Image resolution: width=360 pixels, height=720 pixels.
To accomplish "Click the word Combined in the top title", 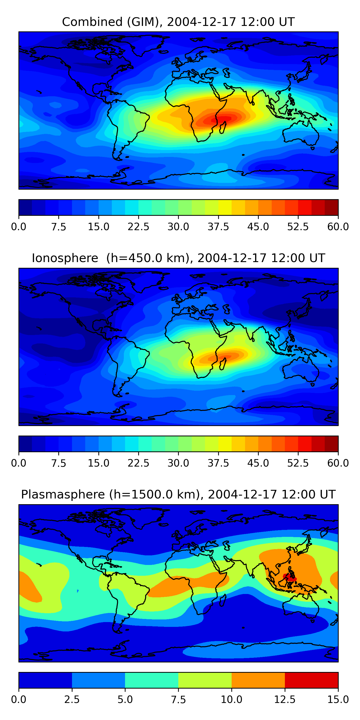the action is tap(92, 22).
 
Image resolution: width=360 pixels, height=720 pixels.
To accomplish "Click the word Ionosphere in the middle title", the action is tap(65, 258).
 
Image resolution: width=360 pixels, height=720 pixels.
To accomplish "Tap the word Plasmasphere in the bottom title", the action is tap(63, 494).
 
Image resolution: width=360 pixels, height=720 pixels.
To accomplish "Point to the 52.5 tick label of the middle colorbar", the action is tap(298, 463).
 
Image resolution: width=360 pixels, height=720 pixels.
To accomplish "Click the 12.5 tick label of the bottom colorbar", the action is tap(285, 700).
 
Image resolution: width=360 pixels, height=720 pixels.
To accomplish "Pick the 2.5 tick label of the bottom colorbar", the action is tap(72, 700).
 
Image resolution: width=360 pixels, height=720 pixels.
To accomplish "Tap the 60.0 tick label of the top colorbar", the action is tap(338, 227).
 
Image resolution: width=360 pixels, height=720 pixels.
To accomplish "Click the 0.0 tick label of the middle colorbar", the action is tap(19, 463).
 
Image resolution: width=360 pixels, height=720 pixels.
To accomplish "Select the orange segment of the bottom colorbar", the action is tap(258, 680).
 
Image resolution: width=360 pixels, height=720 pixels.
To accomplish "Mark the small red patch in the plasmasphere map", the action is tap(290, 577).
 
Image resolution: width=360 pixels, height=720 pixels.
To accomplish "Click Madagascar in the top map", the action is tap(223, 127).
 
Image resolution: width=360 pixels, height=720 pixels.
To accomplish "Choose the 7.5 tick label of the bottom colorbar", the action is tap(178, 700).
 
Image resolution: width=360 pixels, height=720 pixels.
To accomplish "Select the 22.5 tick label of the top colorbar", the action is tap(138, 227).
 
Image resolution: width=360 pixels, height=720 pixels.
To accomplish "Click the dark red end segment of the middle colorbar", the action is tap(331, 444).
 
